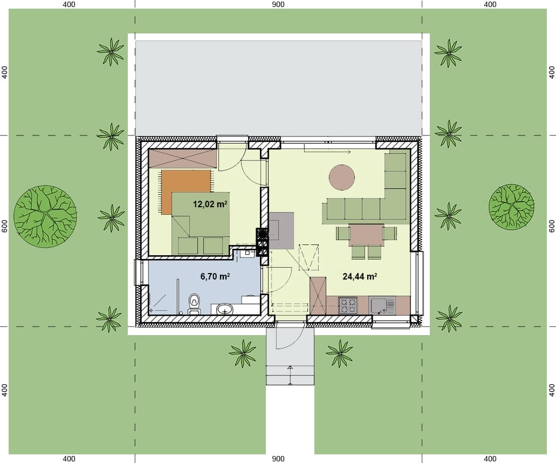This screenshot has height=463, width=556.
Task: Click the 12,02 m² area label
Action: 210,204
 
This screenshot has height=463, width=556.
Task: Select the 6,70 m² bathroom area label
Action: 215,276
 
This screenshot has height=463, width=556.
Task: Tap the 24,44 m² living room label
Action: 360,276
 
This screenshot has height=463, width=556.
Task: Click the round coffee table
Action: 342,178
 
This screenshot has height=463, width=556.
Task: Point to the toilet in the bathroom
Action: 194,304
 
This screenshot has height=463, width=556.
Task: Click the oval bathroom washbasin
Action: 225,309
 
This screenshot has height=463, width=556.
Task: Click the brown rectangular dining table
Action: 366,235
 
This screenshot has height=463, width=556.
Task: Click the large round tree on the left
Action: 45,216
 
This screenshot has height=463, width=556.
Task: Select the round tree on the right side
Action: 511,208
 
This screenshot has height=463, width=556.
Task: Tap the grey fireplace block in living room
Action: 281,230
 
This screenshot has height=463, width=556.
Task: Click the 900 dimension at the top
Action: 278,4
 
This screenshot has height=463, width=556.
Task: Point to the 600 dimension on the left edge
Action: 5,226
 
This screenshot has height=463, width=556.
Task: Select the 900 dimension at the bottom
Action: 278,459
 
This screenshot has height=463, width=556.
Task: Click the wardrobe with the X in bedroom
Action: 183,158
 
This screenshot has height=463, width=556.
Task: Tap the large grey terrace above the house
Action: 279,88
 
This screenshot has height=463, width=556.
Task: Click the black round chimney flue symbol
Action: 263,234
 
